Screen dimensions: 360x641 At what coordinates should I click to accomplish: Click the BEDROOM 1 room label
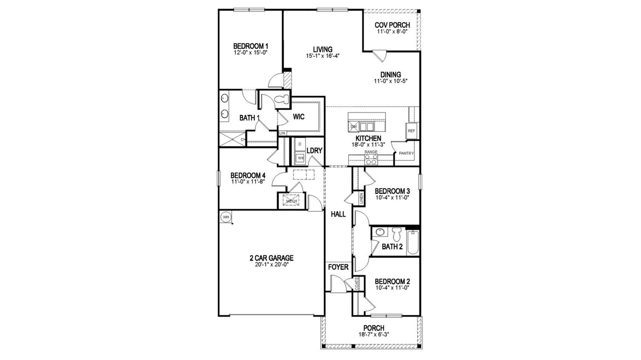250,46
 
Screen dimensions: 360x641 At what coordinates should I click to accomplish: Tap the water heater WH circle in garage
226,217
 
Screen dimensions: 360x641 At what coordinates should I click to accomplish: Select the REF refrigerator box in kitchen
411,131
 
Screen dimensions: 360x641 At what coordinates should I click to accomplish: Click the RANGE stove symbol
371,161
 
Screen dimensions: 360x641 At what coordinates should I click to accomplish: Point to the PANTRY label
406,153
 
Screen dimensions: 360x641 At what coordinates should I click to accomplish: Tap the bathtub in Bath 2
413,244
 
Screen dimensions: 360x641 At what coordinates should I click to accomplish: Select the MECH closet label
291,201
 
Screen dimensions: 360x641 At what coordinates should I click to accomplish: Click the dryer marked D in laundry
299,144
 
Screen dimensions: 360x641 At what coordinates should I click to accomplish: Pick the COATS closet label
357,284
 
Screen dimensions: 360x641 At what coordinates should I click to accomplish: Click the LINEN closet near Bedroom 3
361,198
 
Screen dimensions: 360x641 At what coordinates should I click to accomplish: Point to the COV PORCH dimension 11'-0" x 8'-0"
392,32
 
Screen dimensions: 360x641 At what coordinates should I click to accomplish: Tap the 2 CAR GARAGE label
271,258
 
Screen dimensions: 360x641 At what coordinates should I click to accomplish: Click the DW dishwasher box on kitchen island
353,127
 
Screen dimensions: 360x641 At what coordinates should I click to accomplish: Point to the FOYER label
338,267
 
